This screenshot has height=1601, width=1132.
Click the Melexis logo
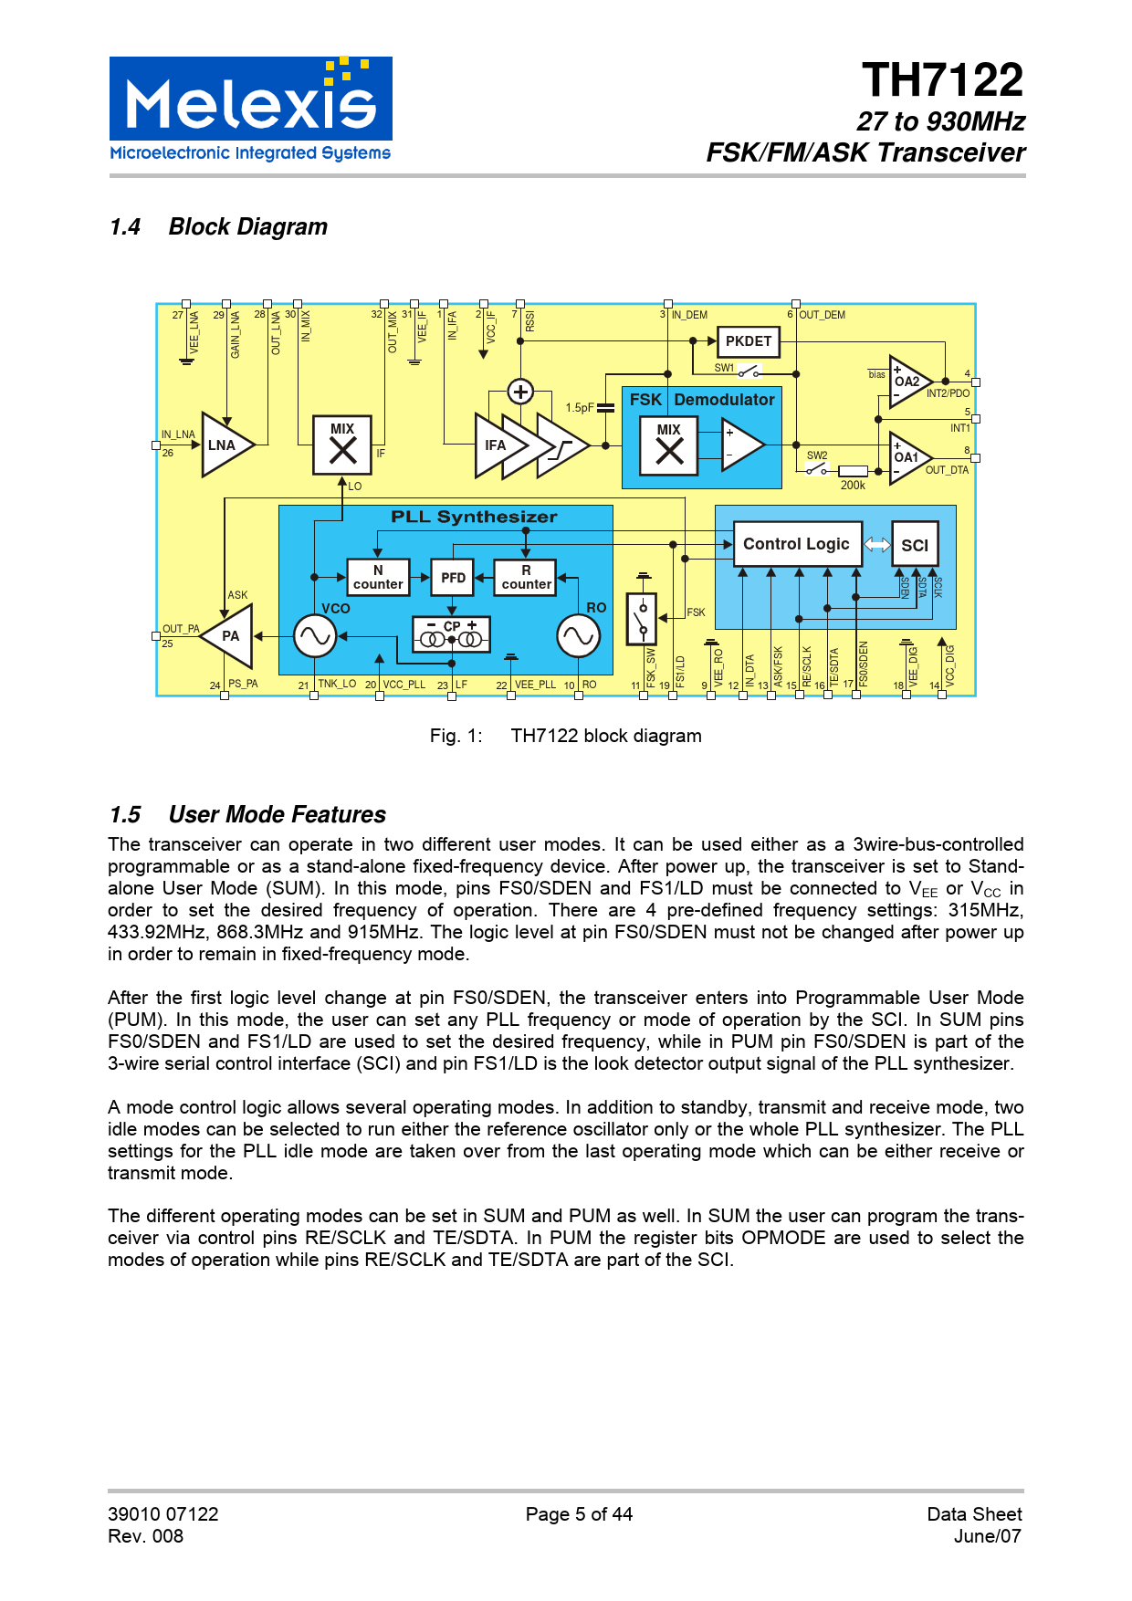(250, 110)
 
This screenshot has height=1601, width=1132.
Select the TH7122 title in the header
(942, 80)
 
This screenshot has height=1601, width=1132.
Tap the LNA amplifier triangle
(224, 445)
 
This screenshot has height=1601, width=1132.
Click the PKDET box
(748, 341)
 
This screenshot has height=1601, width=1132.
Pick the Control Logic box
(796, 544)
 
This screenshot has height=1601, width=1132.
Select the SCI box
(914, 545)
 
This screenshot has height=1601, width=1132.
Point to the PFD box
(453, 578)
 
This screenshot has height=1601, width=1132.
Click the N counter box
(378, 578)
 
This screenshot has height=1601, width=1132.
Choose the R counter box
(526, 578)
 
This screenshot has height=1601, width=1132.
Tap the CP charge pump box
(452, 633)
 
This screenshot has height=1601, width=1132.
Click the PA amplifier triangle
(228, 636)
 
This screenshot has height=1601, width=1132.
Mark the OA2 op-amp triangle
(908, 382)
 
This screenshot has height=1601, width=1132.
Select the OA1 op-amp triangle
(908, 457)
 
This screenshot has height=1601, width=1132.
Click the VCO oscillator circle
(314, 636)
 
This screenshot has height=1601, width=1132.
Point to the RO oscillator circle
(578, 636)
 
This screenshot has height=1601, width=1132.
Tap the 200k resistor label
(853, 486)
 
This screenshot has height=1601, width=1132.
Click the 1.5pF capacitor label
(579, 408)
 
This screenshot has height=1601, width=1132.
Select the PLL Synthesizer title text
(474, 517)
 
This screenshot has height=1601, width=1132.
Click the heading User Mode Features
(277, 814)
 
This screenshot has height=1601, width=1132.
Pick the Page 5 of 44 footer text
(579, 1514)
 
